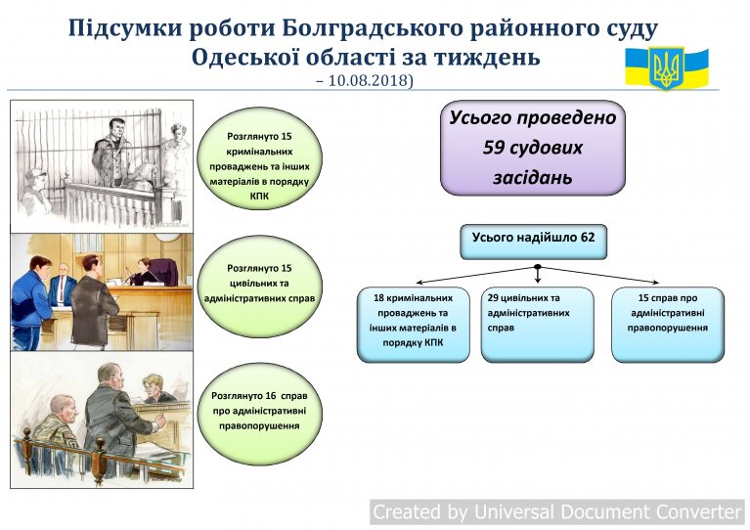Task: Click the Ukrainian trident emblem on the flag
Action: [x=666, y=67]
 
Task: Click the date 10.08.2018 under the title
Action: [x=370, y=80]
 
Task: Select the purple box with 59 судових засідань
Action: [x=532, y=148]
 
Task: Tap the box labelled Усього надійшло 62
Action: [x=533, y=242]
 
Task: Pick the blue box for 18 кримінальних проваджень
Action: [x=414, y=325]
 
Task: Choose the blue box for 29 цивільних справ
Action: [x=537, y=325]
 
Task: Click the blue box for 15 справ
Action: [x=668, y=325]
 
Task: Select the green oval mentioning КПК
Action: [x=260, y=158]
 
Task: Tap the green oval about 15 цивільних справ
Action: [x=260, y=287]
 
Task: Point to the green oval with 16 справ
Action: [x=260, y=414]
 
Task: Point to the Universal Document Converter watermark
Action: [x=557, y=511]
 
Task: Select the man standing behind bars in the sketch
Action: [x=111, y=153]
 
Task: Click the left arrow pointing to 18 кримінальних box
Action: [x=475, y=275]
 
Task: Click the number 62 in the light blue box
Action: [x=588, y=238]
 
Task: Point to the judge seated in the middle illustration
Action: [x=144, y=272]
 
